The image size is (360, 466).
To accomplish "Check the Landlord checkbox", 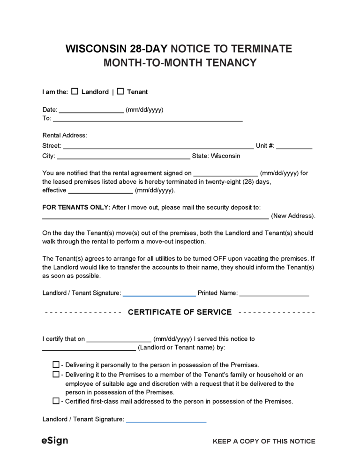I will click(x=75, y=92).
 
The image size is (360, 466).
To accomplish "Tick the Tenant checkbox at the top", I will click(x=120, y=92).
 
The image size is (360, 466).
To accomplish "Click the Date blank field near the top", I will click(x=91, y=111).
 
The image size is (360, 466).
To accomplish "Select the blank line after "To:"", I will click(x=148, y=119).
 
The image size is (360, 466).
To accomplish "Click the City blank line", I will click(x=123, y=157).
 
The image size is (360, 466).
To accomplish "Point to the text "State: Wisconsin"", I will click(x=216, y=156).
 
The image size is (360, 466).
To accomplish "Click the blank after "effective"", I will click(x=101, y=191).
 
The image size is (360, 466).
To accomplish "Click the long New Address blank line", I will click(x=155, y=217).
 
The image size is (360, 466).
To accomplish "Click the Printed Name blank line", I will click(x=274, y=294).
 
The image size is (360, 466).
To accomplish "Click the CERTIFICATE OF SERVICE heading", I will click(x=180, y=312).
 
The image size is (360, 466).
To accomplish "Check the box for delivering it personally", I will click(x=56, y=365).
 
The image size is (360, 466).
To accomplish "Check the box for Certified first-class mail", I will click(x=56, y=401).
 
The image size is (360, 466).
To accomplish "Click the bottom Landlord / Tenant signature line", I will click(x=166, y=420).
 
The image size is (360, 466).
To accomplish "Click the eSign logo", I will click(x=54, y=441).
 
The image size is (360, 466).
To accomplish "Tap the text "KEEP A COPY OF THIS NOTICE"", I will click(x=264, y=441).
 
